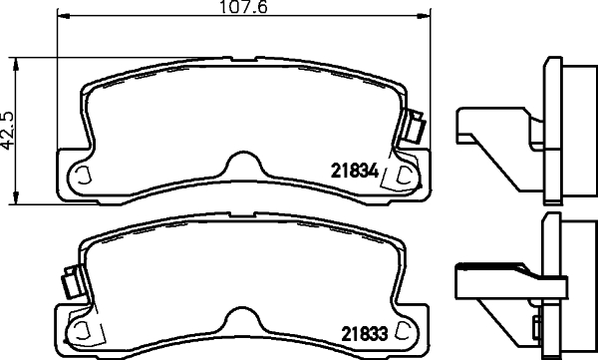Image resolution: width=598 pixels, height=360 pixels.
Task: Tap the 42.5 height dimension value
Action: pos(8,131)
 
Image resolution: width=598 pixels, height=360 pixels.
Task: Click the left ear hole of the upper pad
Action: pos(83,175)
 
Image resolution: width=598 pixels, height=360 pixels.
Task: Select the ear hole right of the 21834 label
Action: pos(403,176)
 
